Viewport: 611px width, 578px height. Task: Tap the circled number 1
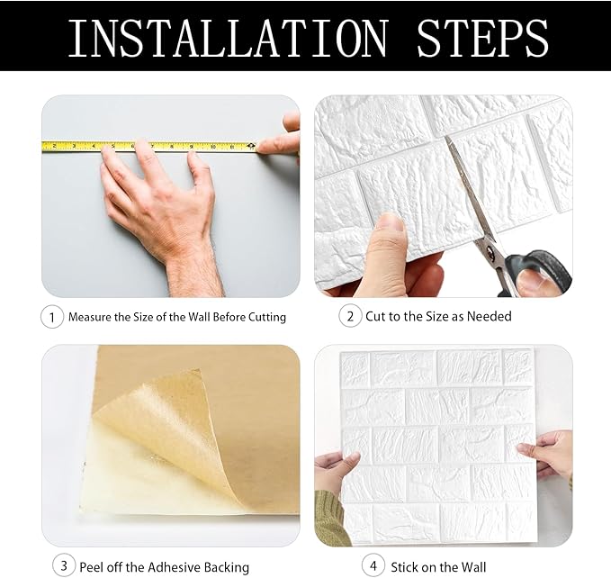pyautogui.click(x=52, y=317)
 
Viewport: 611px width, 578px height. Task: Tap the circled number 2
pyautogui.click(x=350, y=316)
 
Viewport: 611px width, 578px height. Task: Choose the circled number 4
pyautogui.click(x=373, y=566)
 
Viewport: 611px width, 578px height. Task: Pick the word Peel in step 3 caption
pyautogui.click(x=93, y=567)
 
